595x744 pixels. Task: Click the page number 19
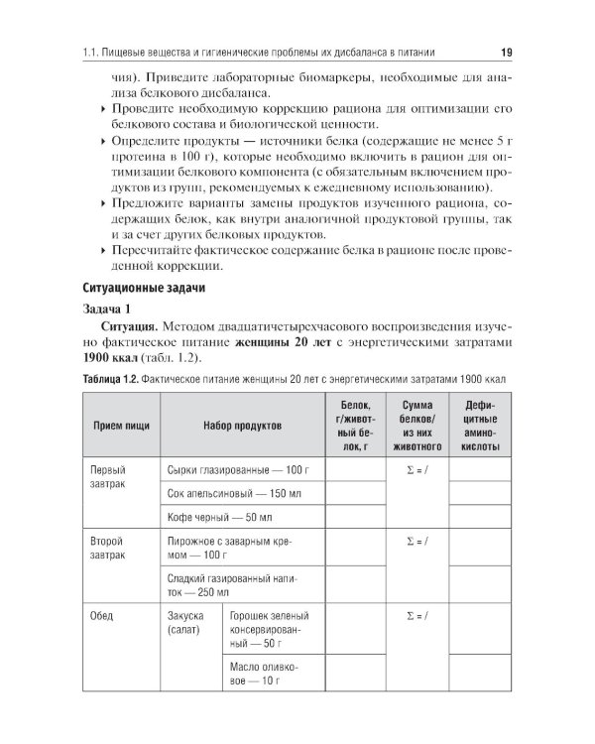505,52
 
